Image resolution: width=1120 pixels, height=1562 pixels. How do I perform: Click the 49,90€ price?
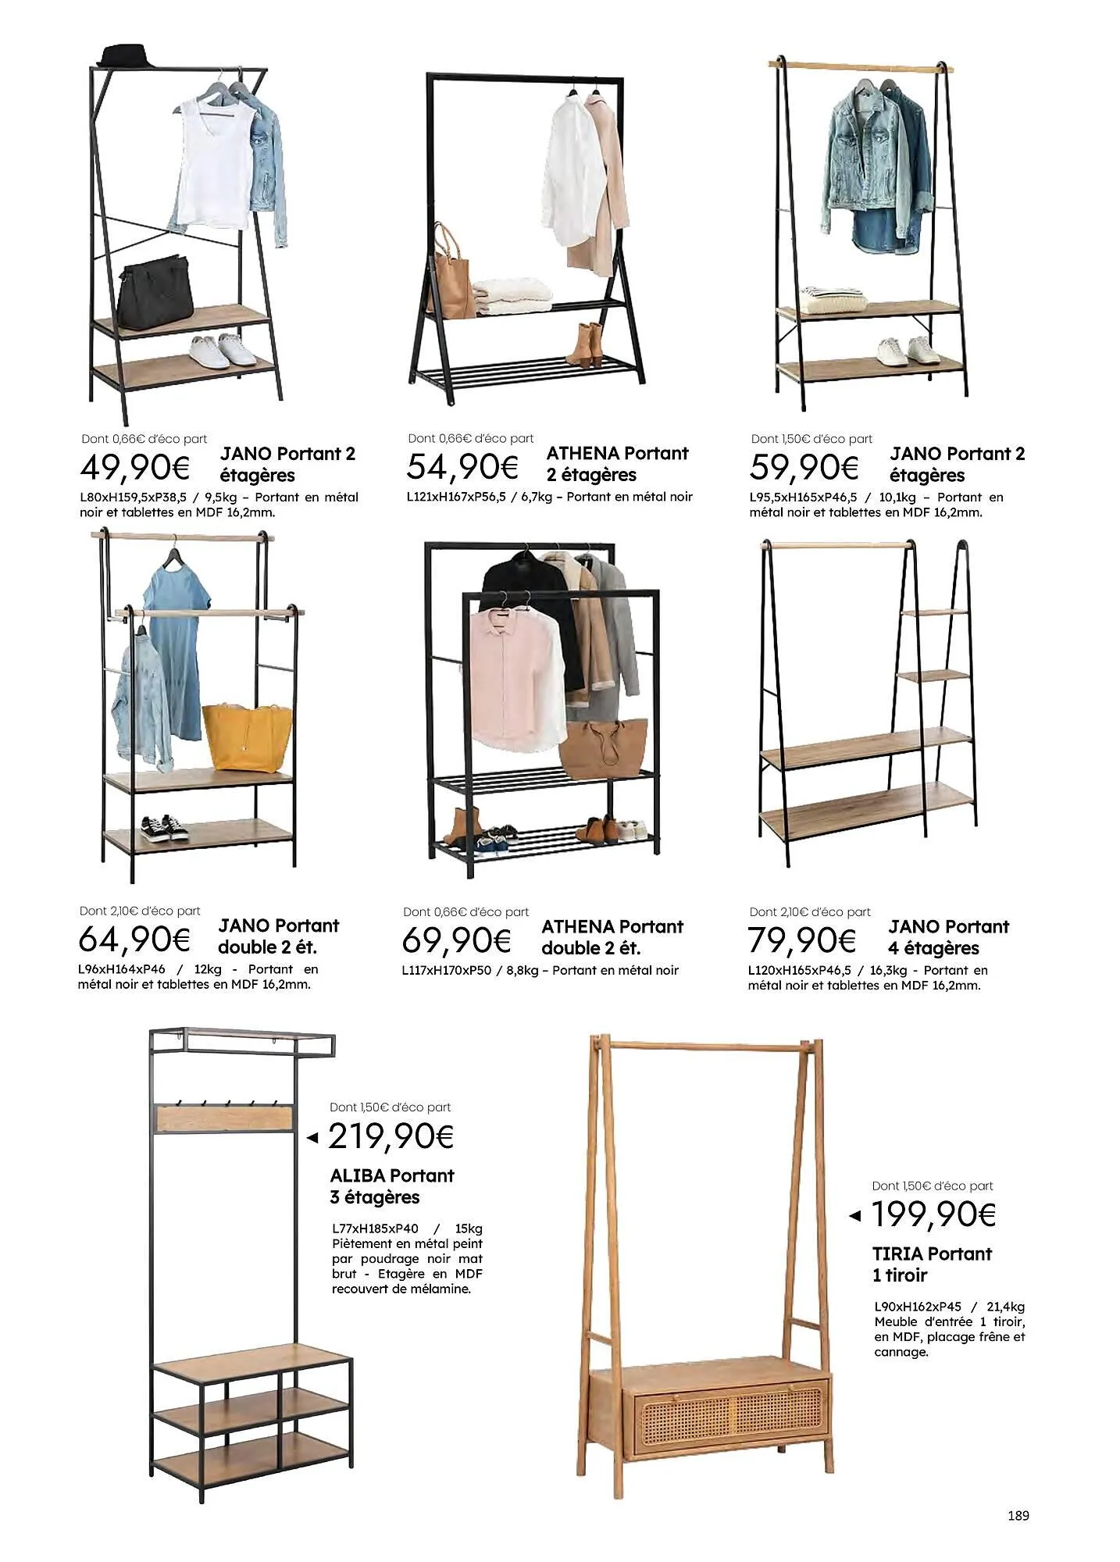(x=135, y=468)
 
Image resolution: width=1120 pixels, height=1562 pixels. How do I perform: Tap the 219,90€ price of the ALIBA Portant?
(x=391, y=1136)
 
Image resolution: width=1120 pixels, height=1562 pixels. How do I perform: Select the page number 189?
(x=1018, y=1515)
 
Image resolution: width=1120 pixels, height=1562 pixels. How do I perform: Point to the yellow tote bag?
(x=247, y=735)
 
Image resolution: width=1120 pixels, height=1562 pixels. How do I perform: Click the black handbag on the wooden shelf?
(x=155, y=290)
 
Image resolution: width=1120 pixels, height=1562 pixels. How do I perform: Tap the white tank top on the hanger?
(x=212, y=164)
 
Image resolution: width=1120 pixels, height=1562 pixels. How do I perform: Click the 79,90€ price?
(x=801, y=940)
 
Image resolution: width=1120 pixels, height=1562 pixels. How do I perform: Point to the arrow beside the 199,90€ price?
(x=855, y=1215)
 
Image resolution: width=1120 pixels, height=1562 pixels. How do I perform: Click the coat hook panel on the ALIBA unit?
(x=225, y=1117)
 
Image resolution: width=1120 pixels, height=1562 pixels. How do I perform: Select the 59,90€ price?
(x=804, y=468)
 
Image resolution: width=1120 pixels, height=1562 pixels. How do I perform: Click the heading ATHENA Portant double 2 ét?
(x=612, y=937)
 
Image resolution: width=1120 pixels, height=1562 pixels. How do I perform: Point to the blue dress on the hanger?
(x=177, y=648)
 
